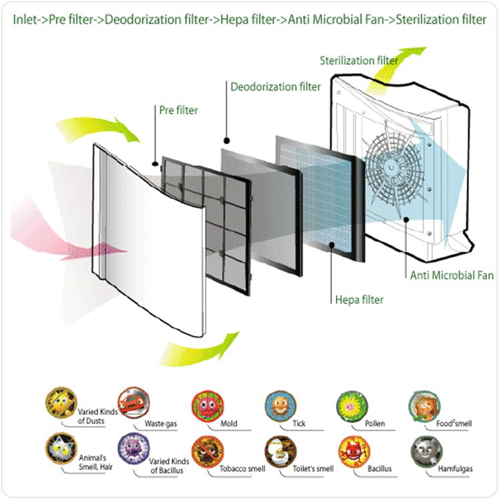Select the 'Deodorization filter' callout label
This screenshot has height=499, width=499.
(275, 87)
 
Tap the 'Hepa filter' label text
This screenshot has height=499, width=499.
(359, 299)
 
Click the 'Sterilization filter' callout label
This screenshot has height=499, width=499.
(358, 61)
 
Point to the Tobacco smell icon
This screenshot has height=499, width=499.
(205, 450)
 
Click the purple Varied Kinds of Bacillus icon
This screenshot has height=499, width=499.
(132, 448)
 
